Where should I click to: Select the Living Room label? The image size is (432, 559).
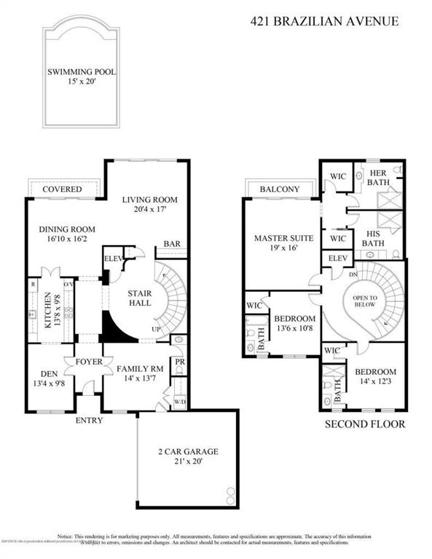point(150,200)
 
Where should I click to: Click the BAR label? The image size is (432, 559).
point(172,244)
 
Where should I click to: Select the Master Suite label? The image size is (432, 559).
point(283,237)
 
